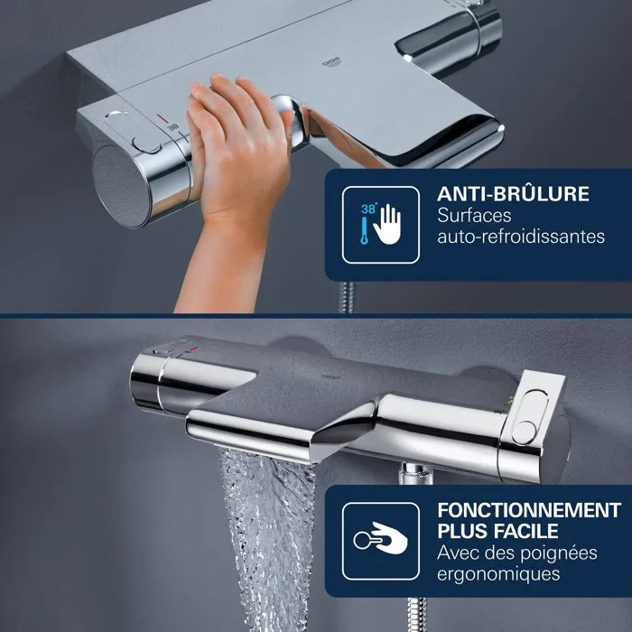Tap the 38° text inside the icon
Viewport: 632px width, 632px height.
tap(369, 207)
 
